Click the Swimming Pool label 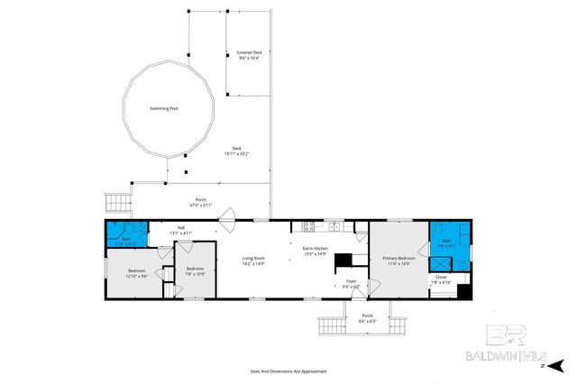pos(164,108)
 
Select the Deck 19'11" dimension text pos(236,154)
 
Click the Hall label pos(180,228)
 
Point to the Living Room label pos(253,258)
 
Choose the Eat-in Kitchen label pos(315,248)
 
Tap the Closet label pos(441,277)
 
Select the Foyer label pos(352,281)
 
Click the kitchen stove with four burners pos(308,225)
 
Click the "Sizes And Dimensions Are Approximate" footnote pos(288,370)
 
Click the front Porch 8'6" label pos(367,316)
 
